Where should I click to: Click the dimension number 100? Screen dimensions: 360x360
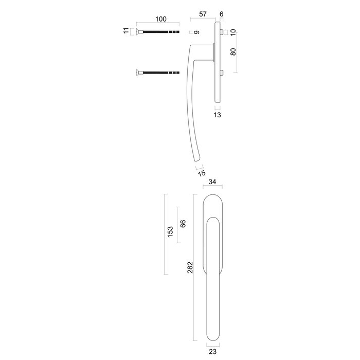pos(161,19)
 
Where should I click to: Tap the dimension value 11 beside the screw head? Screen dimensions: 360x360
pos(125,32)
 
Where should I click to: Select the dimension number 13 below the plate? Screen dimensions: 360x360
pos(217,116)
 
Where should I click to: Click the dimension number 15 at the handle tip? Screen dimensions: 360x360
pos(202,173)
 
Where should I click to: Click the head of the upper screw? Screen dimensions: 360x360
pos(139,32)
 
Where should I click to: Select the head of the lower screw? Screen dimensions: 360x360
pos(139,73)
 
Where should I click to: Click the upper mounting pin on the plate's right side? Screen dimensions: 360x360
pos(222,32)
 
